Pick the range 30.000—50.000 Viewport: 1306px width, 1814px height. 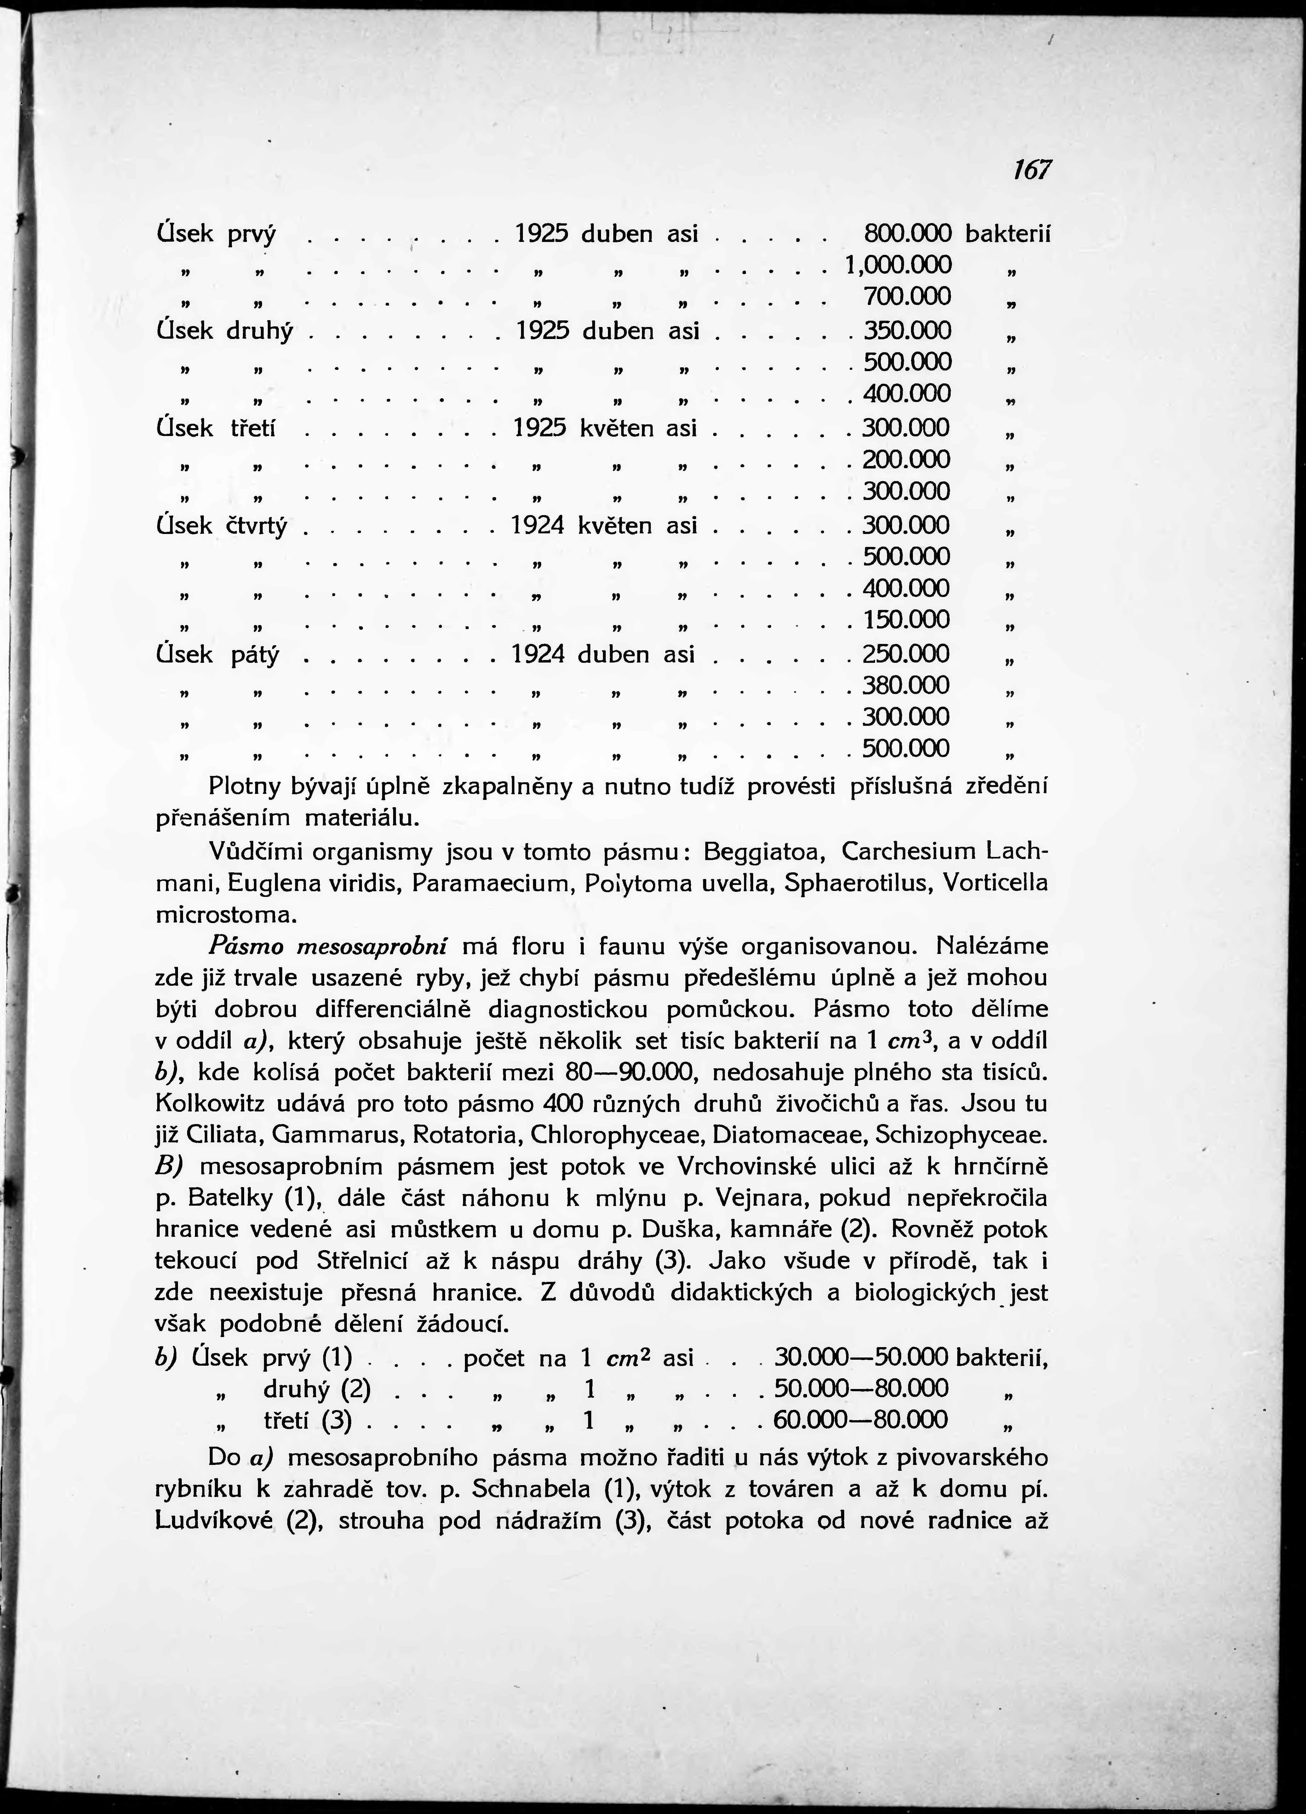[861, 1357]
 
